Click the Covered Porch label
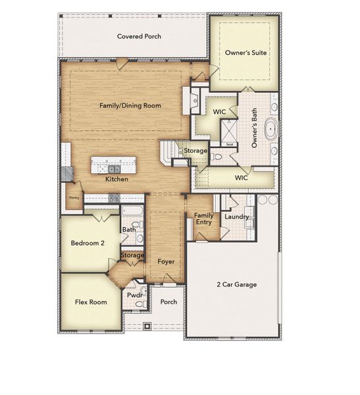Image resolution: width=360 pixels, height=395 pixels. [139, 37]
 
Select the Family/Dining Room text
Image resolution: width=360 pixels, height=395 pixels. [130, 105]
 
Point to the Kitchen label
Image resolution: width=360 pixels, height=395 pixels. [116, 179]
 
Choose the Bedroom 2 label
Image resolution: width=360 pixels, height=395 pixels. [88, 243]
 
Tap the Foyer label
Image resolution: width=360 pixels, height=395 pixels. [166, 261]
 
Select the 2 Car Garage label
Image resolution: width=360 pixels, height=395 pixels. [237, 284]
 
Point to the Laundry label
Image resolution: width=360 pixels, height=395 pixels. [236, 217]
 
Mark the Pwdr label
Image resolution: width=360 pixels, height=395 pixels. [135, 296]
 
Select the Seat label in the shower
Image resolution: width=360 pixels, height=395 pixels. [230, 144]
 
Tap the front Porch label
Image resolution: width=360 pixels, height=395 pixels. [169, 302]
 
